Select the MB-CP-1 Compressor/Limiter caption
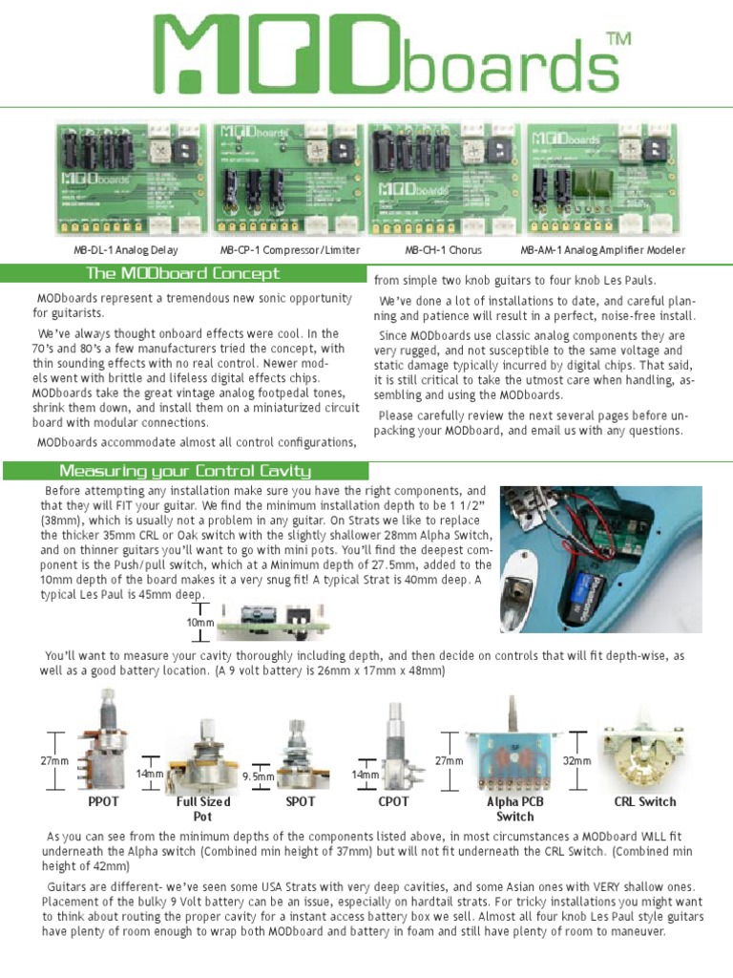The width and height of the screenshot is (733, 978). click(290, 250)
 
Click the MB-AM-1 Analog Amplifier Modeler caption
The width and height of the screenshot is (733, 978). click(602, 250)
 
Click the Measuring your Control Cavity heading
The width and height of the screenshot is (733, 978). click(184, 471)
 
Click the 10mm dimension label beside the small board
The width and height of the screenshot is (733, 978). click(201, 622)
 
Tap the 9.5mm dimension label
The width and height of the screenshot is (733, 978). click(258, 777)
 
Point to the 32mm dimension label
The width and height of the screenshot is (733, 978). click(576, 761)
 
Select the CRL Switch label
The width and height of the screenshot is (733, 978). click(644, 802)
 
